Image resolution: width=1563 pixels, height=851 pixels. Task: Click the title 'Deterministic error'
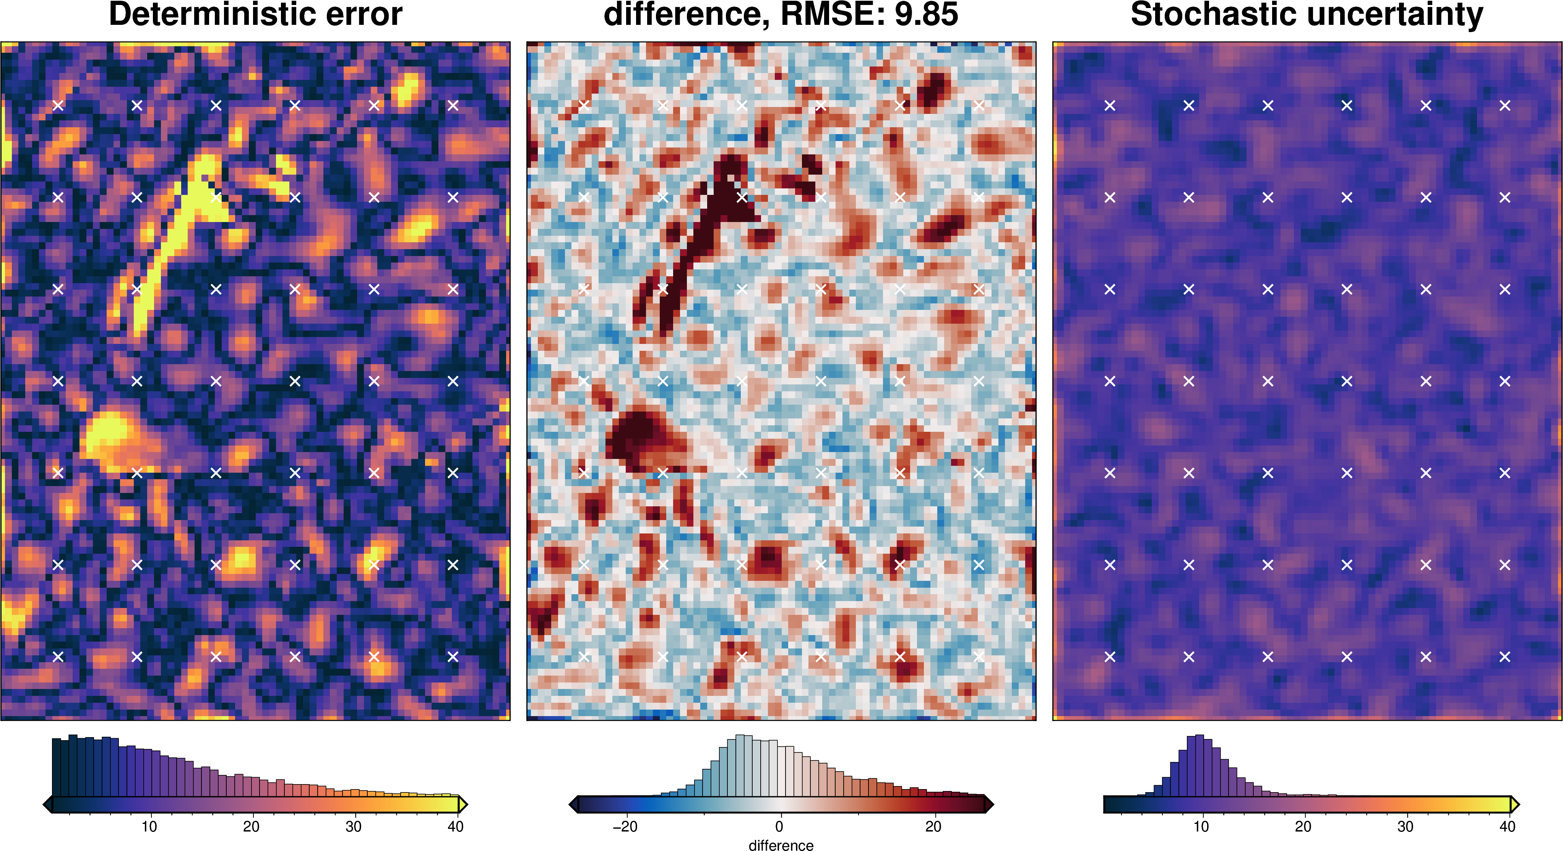click(x=255, y=15)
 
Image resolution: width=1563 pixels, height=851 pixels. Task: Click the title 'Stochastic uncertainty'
click(x=1307, y=15)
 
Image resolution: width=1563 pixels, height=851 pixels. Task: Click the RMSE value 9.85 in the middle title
click(x=926, y=15)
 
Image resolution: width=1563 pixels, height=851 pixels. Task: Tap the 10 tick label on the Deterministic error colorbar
click(x=149, y=827)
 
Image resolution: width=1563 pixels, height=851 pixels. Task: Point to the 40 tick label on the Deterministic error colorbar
click(x=455, y=827)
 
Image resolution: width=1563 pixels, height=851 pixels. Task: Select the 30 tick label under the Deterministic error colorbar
click(x=353, y=827)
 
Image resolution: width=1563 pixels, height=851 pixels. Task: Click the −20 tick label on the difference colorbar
click(x=625, y=827)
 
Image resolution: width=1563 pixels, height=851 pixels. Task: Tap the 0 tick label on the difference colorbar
click(x=779, y=827)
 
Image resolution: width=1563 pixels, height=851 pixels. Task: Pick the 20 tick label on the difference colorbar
click(x=933, y=827)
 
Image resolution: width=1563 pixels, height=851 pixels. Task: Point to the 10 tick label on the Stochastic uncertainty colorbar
click(x=1201, y=827)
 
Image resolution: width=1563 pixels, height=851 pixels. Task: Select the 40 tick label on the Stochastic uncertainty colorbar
click(x=1507, y=827)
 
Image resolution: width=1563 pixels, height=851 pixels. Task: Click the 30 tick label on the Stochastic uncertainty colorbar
click(x=1405, y=827)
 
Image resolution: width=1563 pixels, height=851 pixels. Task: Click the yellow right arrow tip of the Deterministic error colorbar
click(x=463, y=805)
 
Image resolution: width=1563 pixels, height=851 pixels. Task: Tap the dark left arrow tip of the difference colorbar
click(x=573, y=805)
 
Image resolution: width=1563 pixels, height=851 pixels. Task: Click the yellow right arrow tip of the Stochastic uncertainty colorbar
click(x=1514, y=805)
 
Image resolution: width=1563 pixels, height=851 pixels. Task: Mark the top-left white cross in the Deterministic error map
click(x=58, y=105)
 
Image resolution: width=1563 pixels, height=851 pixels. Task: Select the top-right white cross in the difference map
click(x=979, y=105)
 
